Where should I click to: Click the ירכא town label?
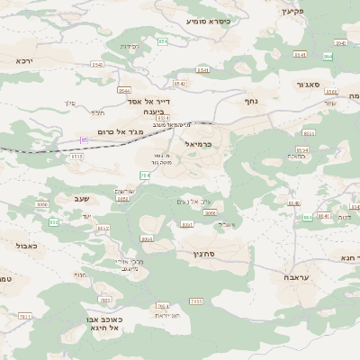coord(23,59)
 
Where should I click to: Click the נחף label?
coord(251,102)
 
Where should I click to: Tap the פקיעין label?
coord(293,12)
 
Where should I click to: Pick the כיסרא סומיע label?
coord(209,20)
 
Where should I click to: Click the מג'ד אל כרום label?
coord(115,135)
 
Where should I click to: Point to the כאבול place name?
coord(26,244)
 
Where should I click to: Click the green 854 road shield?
coord(163,41)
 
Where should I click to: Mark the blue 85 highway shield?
coord(85,139)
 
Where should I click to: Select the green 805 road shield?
coord(54,220)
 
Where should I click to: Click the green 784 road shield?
coord(144,175)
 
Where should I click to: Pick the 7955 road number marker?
coord(196,301)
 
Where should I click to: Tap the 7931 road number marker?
coord(25,317)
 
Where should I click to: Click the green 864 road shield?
coord(307,217)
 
